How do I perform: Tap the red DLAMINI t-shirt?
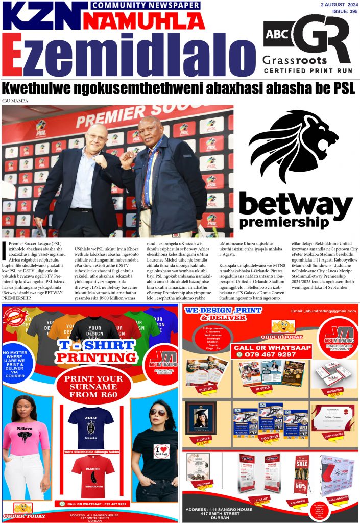point(91,472)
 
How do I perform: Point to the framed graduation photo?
point(201,417)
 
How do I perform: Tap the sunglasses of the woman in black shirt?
point(158,412)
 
